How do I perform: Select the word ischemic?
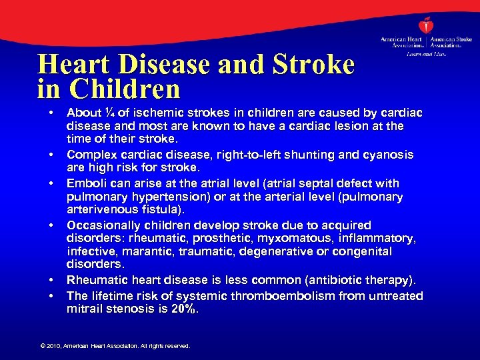pos(152,113)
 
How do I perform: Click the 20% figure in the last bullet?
pos(185,309)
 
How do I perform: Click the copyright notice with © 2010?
pos(115,346)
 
